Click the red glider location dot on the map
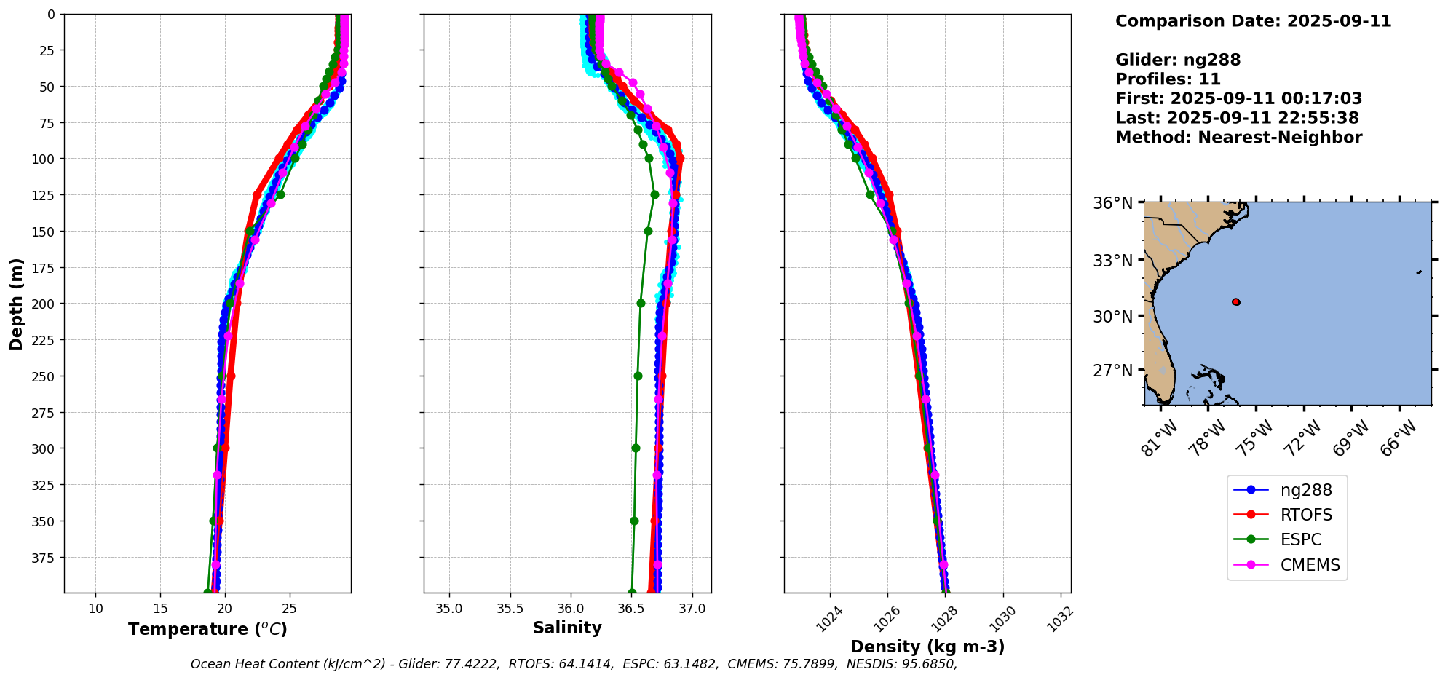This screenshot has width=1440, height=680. point(1235,301)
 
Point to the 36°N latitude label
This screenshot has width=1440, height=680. point(1112,203)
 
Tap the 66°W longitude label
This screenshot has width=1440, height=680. point(1398,438)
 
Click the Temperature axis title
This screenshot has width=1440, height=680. point(207,629)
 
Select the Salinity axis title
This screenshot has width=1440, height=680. point(567,628)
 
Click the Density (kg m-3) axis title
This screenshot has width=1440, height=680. point(927,647)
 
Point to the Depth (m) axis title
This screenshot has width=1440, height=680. point(16,304)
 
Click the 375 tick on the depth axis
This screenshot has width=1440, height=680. point(44,558)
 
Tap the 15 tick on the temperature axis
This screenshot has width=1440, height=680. point(161,609)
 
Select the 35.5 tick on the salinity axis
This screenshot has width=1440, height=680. point(510,609)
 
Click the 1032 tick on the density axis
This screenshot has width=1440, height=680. point(1060,620)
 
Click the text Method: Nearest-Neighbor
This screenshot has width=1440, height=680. point(1238,137)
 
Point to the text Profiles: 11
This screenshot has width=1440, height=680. point(1167,79)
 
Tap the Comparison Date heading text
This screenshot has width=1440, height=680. point(1252,21)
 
